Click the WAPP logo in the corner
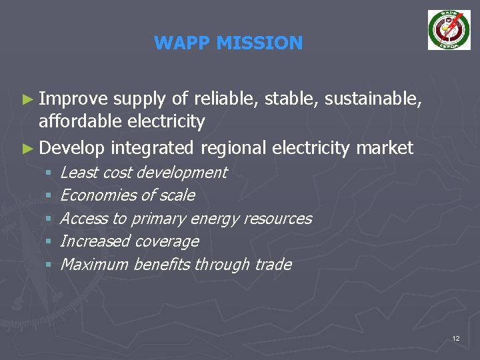point(449,30)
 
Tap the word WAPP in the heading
point(179,43)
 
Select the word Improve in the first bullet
point(73,100)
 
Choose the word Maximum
point(94,265)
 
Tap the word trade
point(273,265)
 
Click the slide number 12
point(455,339)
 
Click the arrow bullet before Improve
point(27,100)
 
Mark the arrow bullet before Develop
point(27,147)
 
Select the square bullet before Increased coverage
point(49,242)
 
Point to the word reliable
point(226,100)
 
